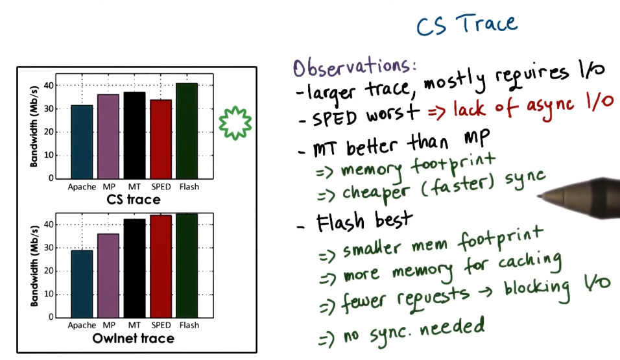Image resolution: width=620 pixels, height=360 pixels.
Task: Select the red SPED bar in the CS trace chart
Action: (161, 139)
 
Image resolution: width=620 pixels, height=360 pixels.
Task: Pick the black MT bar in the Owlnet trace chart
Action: (134, 269)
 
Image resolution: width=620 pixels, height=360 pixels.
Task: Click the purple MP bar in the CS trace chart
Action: (108, 136)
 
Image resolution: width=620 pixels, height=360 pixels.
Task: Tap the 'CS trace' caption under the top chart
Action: (134, 199)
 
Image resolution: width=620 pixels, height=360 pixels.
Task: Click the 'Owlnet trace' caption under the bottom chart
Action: (134, 338)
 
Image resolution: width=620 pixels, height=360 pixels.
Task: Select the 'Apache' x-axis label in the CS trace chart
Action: (81, 187)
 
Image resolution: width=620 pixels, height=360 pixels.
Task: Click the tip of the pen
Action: (541, 194)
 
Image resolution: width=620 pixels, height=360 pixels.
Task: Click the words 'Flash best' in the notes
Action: (363, 222)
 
